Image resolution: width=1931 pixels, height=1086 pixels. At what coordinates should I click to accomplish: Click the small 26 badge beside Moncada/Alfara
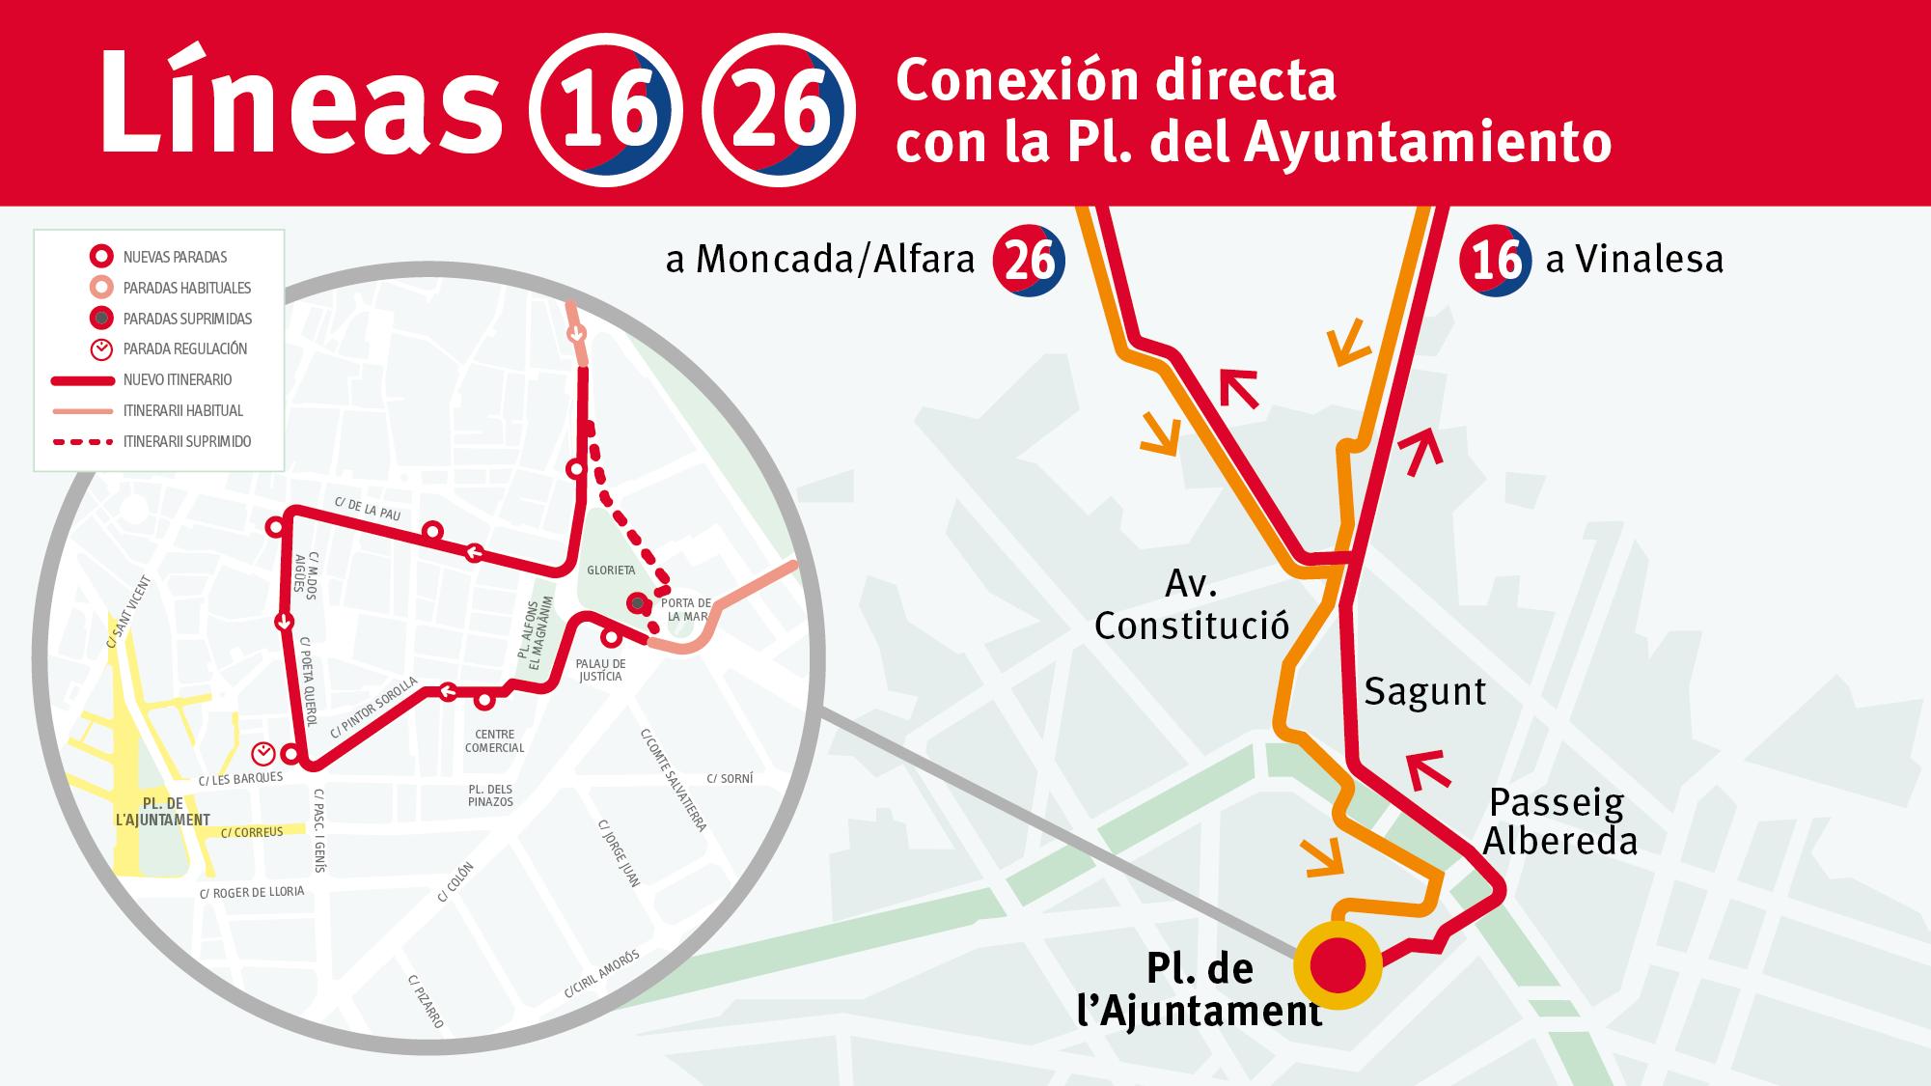click(1029, 260)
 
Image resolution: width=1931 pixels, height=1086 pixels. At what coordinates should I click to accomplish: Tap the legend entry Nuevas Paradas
click(175, 257)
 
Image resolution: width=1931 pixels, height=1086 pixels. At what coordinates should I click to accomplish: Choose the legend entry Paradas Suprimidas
click(187, 319)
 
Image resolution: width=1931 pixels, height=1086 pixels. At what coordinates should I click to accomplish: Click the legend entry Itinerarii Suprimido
click(187, 441)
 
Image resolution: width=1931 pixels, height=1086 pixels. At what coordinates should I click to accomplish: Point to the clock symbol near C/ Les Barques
click(262, 752)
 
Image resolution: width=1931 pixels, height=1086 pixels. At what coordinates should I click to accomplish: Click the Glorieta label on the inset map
click(611, 571)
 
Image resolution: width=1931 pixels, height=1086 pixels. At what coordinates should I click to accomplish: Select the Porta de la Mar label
click(689, 609)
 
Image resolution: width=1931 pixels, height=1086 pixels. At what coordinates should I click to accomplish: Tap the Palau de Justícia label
click(600, 670)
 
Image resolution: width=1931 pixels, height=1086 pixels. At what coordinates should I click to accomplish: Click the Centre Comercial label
click(494, 740)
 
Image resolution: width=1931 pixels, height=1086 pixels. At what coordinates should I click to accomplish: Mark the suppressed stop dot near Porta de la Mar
click(637, 603)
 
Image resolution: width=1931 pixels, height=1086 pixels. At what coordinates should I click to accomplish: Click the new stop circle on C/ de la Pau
click(433, 531)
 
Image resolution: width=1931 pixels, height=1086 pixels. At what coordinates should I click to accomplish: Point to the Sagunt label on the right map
click(1424, 691)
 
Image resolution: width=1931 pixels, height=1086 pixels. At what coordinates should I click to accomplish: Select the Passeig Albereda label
click(1559, 821)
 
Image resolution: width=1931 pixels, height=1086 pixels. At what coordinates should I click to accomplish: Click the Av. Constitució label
click(1192, 605)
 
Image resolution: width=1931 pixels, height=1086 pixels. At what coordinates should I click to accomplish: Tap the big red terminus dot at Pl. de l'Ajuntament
click(1338, 964)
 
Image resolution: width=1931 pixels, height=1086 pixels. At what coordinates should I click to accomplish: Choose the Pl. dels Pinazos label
click(490, 794)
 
